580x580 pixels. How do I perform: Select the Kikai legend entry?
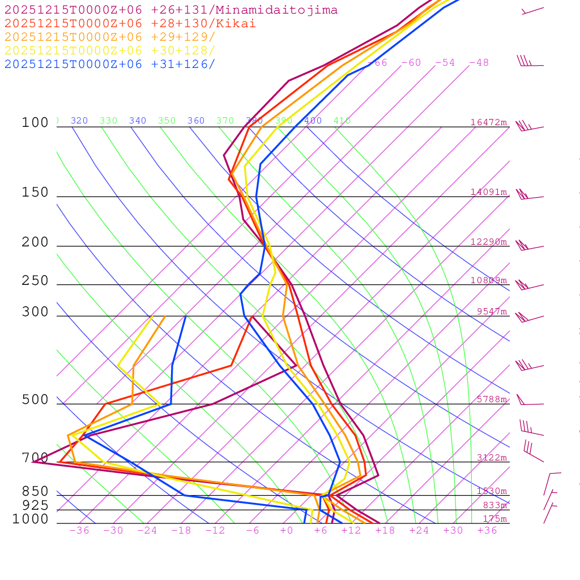(x=130, y=24)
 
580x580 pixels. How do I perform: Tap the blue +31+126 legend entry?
(x=110, y=64)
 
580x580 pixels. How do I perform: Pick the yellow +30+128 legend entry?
(x=110, y=50)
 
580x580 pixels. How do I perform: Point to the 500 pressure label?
(x=35, y=400)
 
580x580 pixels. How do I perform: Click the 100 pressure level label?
(x=35, y=123)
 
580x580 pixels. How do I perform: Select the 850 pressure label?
(x=35, y=492)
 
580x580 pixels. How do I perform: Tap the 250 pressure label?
(x=35, y=281)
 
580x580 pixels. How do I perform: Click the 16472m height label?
(x=489, y=122)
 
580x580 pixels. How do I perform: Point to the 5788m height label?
(x=492, y=399)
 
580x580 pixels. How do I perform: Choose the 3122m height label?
(x=492, y=458)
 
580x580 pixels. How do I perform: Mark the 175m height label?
(x=494, y=519)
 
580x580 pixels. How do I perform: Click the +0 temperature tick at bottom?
(x=287, y=531)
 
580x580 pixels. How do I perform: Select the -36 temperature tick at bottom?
(x=79, y=531)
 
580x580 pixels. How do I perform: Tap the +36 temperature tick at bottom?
(x=487, y=531)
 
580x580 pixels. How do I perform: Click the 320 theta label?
(x=79, y=121)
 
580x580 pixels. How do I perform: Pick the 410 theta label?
(x=342, y=121)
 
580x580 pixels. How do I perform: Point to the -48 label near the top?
(x=479, y=63)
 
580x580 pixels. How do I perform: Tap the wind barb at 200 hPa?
(x=529, y=246)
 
